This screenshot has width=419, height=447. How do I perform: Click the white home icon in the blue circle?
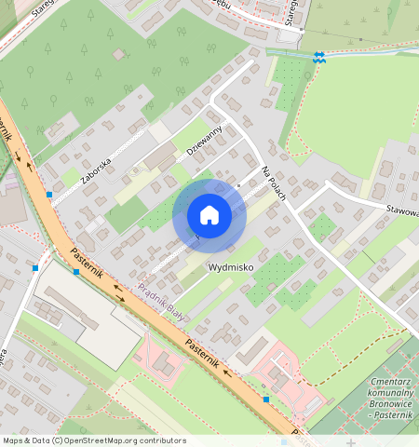209,216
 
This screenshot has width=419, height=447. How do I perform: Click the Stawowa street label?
401,211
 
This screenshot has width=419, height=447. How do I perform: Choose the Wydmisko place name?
229,266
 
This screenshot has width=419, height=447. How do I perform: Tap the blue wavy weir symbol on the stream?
319,57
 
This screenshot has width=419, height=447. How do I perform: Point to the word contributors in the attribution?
161,440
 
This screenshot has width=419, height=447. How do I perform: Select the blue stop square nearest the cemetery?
266,400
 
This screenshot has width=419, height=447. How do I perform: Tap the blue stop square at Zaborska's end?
48,195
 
